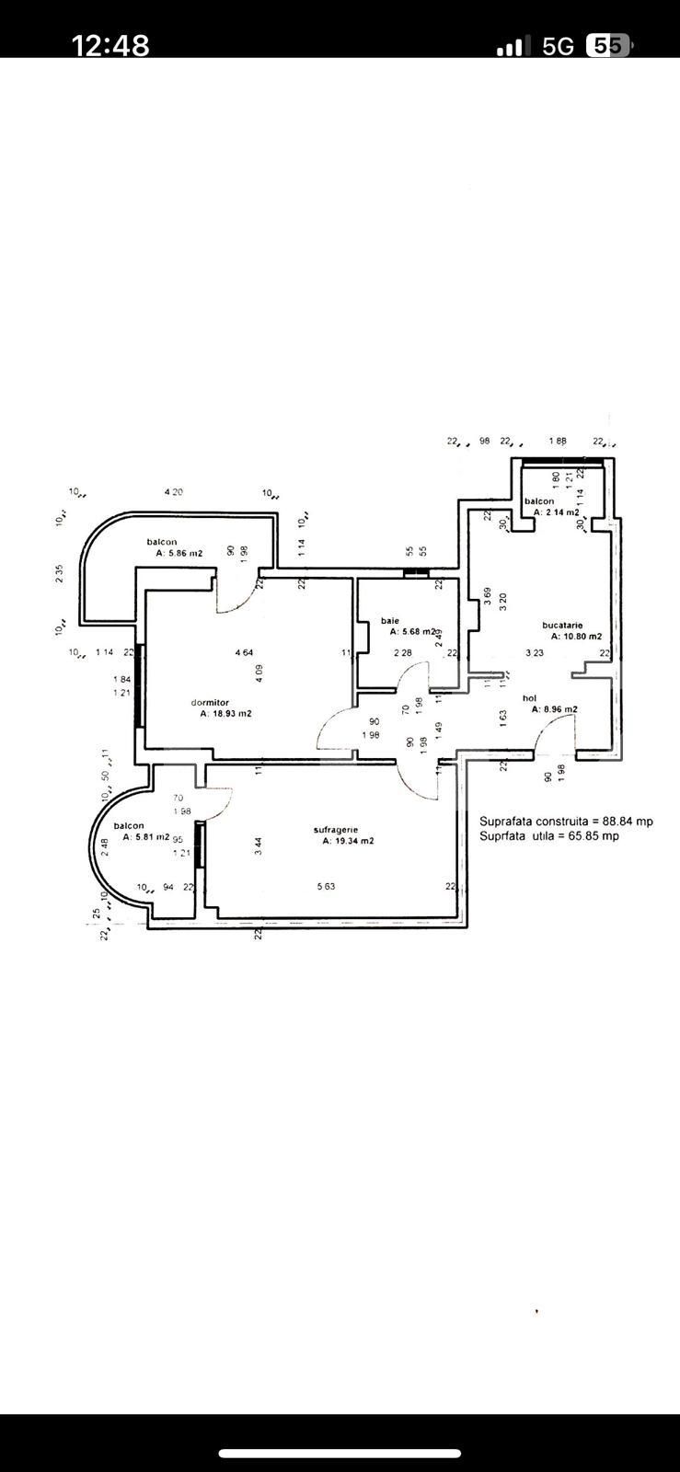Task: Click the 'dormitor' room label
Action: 210,702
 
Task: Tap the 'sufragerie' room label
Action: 335,829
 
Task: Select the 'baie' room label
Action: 390,621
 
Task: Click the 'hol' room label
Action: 529,698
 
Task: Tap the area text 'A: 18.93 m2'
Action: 226,713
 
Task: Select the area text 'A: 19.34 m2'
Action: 348,840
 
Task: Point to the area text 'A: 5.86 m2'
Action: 179,553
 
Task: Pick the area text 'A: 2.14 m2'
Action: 557,512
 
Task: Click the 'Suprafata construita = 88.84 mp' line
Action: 566,822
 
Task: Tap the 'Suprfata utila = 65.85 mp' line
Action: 548,836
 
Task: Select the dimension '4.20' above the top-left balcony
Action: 173,492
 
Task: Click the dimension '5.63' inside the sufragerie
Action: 326,886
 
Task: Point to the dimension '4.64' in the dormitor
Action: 244,652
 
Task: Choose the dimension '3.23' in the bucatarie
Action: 535,653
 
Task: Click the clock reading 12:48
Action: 110,45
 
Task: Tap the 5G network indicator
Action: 558,46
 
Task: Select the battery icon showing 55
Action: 608,46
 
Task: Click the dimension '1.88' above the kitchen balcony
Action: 558,442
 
